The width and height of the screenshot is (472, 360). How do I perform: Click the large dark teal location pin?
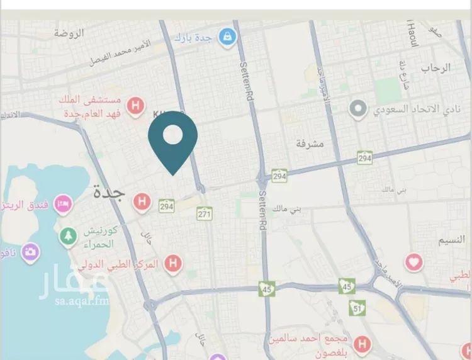click(173, 140)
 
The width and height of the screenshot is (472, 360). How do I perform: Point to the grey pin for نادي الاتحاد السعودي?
click(358, 110)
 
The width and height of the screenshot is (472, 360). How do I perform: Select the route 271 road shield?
click(205, 214)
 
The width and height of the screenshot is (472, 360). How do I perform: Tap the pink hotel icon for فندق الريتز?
click(63, 204)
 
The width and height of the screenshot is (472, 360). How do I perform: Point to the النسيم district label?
click(451, 239)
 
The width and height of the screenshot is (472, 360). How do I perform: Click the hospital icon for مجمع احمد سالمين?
click(361, 344)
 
